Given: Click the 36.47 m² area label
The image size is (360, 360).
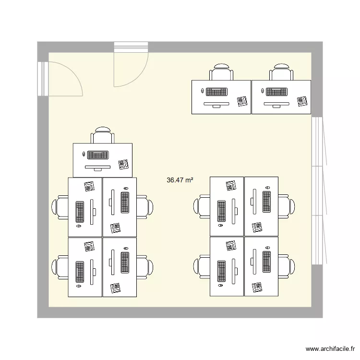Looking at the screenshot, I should point(180,180).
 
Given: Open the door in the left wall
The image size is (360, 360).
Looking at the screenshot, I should point(62,79).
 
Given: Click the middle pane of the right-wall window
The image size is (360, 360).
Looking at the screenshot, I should point(317,191).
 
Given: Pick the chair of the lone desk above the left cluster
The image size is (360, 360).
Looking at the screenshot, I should point(103,135).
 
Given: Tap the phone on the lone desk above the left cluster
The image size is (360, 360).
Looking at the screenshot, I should point(124,164).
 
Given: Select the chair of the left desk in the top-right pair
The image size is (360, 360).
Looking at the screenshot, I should point(221,72).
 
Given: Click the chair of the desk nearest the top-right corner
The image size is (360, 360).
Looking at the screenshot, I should point(281,72).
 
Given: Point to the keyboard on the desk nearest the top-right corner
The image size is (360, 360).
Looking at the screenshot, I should point(276,91).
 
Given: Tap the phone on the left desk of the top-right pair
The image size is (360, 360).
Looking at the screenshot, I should point(242,101).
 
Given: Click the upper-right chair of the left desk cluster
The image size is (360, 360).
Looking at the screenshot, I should point(144,206).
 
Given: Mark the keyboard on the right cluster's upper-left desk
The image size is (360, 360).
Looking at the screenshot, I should point(221,211).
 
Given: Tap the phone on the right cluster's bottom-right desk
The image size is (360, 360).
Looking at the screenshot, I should point(258,287).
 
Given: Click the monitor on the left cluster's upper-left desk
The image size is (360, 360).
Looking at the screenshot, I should point(93,211).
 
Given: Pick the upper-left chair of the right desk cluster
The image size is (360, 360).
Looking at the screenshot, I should point(203,206).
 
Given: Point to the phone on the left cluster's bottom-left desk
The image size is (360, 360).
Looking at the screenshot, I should point(89,246).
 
